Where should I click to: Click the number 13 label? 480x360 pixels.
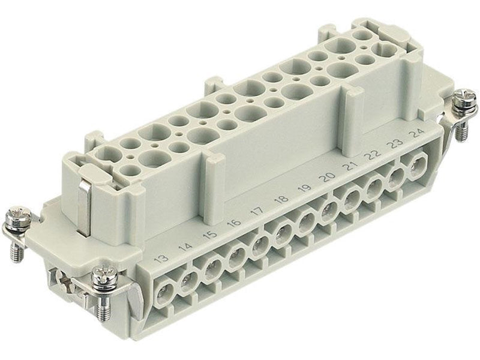click(x=161, y=259)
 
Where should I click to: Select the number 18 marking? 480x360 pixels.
click(x=281, y=199)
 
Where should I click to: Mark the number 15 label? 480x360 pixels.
click(x=211, y=234)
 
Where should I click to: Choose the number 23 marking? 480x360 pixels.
click(x=396, y=143)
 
